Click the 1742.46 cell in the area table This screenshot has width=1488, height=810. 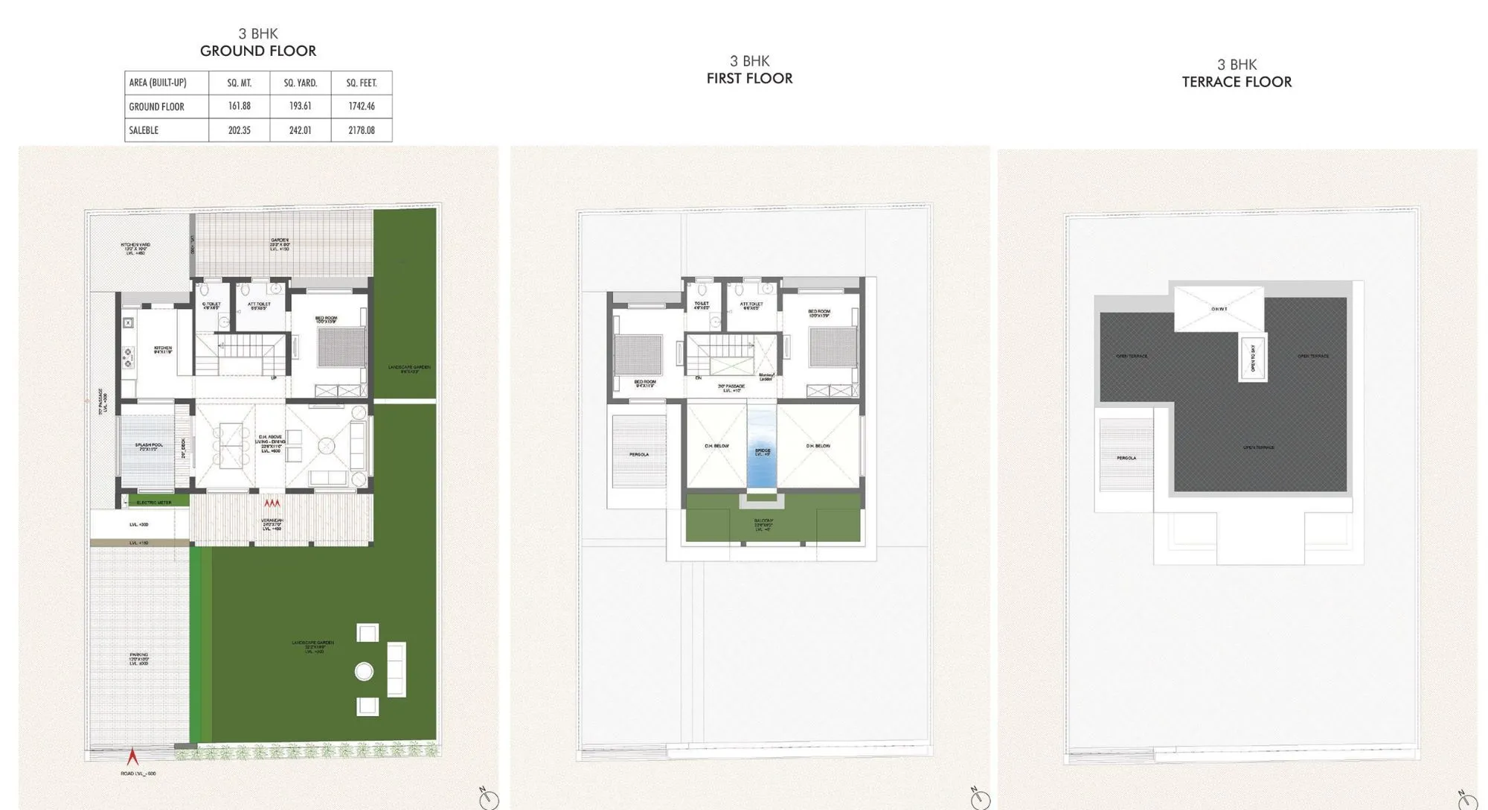tap(362, 106)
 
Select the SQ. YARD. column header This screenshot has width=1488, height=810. tap(301, 83)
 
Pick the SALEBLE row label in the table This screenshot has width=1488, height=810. tap(144, 130)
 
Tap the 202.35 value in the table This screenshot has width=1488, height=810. tap(240, 130)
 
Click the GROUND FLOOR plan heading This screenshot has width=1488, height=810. tap(258, 51)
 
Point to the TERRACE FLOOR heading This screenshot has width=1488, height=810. tap(1237, 82)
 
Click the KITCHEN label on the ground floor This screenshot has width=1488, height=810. tap(163, 348)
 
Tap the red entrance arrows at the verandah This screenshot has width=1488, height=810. tap(272, 504)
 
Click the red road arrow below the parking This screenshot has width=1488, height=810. tap(133, 756)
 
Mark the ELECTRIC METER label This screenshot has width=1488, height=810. tap(154, 503)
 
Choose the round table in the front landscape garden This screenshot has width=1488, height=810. tap(364, 672)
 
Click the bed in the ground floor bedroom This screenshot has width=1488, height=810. tap(341, 347)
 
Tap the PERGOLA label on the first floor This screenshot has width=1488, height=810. tap(639, 454)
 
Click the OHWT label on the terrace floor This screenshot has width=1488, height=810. tap(1219, 309)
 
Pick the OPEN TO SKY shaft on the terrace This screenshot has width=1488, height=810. tap(1253, 358)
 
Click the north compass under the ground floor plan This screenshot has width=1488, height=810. tap(488, 798)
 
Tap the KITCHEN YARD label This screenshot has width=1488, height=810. tap(135, 248)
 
